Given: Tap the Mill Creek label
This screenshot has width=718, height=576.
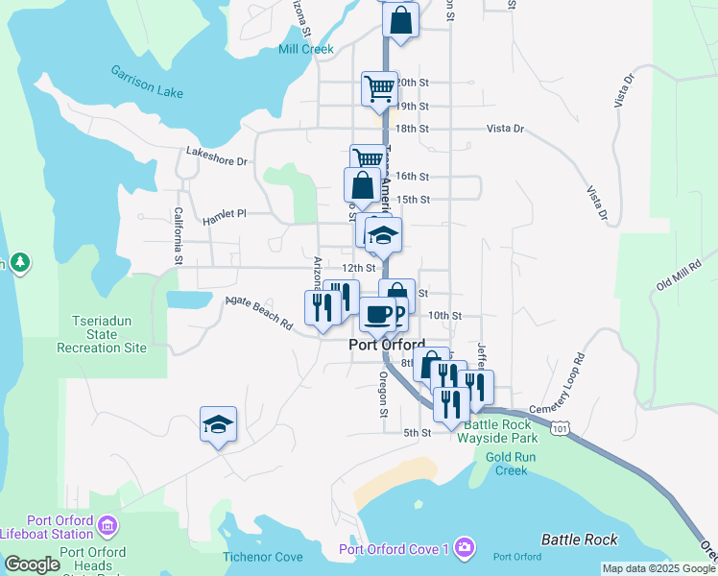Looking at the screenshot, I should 305,49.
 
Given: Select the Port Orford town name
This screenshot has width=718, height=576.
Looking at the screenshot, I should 386,345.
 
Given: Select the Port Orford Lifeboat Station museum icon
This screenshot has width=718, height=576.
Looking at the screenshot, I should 108,525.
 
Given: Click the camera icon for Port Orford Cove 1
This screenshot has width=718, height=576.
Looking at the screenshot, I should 465,547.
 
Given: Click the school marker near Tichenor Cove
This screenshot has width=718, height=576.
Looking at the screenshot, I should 219,424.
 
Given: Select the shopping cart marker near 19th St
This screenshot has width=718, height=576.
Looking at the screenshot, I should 379,88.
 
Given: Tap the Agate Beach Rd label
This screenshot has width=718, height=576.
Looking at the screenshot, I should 259,313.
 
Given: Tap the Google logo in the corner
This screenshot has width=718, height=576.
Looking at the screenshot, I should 33,564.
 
